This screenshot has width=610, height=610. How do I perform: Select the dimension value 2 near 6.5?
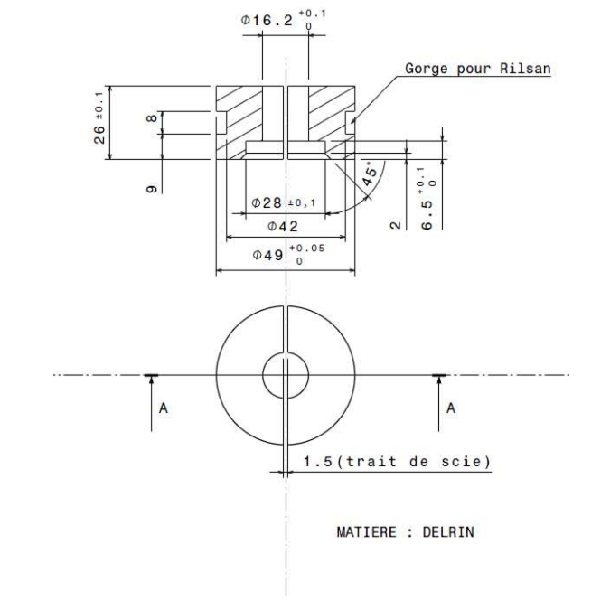(x=395, y=223)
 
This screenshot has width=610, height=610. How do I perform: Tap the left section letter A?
(x=163, y=408)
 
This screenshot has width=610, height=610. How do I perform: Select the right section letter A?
(x=451, y=408)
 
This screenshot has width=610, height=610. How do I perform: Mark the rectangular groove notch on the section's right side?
(x=351, y=126)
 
